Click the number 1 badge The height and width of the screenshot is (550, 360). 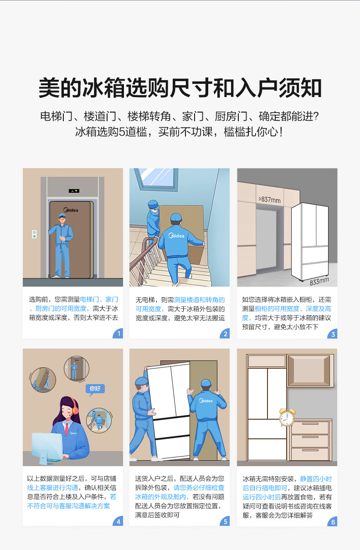(x=118, y=334)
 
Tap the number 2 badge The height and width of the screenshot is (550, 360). (x=225, y=334)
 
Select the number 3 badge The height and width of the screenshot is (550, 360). (x=333, y=334)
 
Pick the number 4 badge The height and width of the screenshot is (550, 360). (x=118, y=521)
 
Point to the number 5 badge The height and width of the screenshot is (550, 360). (x=225, y=521)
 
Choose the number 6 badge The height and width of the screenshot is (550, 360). (x=333, y=521)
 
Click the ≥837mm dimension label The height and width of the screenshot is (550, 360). (x=269, y=200)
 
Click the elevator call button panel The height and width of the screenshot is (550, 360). (x=34, y=234)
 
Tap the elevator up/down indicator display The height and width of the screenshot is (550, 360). (x=74, y=191)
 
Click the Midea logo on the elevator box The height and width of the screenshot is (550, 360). (x=71, y=210)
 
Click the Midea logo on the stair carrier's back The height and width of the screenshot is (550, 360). (x=176, y=236)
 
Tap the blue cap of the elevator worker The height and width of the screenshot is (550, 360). (x=62, y=216)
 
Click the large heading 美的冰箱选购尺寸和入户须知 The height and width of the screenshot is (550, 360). (x=180, y=87)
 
